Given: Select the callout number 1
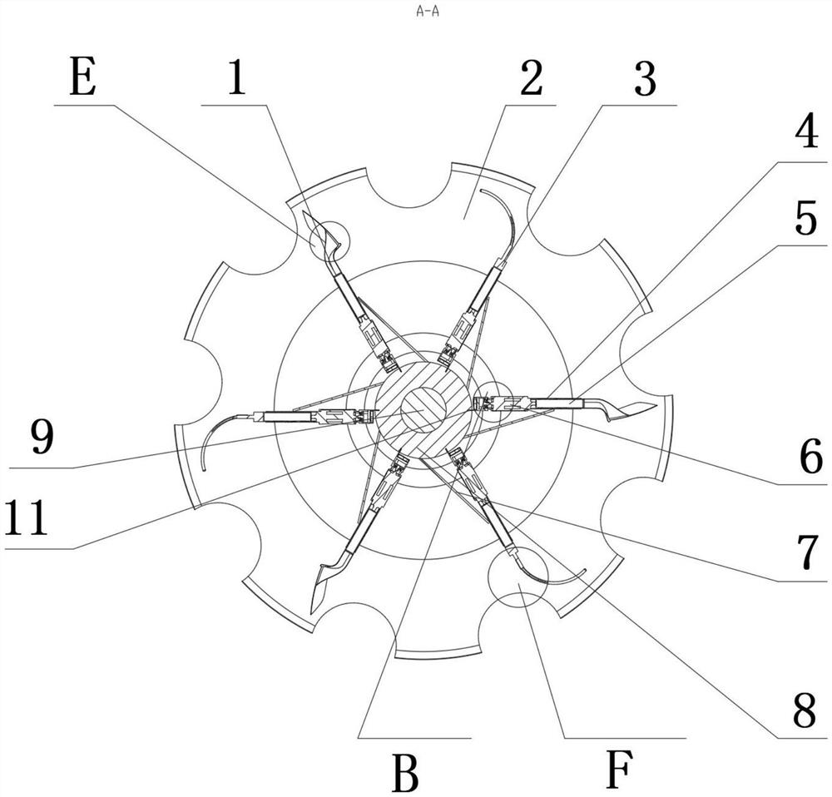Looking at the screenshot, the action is coord(237,82).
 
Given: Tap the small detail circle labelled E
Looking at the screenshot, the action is coord(329,241).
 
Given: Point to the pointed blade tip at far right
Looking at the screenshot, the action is coord(656,405).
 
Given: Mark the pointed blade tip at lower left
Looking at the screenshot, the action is coord(312,613).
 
